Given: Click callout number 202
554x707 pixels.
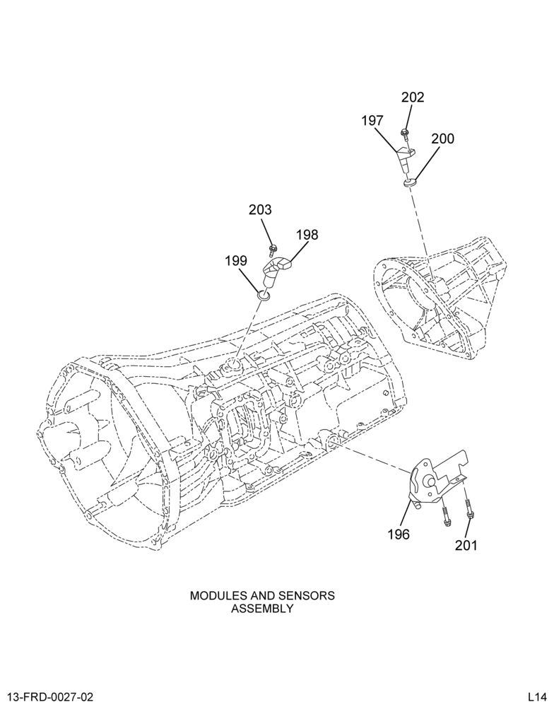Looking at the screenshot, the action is click(413, 98).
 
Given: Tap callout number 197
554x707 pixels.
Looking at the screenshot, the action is click(372, 121).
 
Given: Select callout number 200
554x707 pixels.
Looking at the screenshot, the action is click(442, 139).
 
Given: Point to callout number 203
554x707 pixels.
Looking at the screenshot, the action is click(261, 210).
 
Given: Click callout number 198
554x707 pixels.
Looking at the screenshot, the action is click(307, 235).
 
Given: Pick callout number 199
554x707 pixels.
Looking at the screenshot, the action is click(237, 261).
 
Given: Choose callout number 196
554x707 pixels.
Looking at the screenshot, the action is click(399, 534).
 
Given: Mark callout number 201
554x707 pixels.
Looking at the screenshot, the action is click(466, 546).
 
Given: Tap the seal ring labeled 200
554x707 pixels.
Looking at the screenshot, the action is click(410, 182).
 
